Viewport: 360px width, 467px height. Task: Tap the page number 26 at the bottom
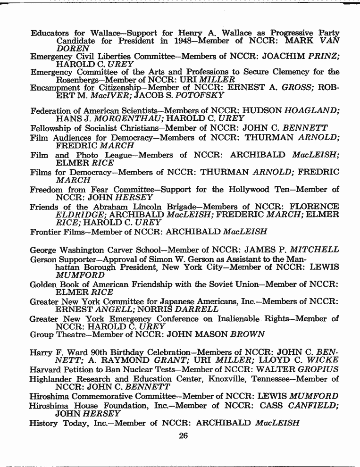(x=184, y=436)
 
